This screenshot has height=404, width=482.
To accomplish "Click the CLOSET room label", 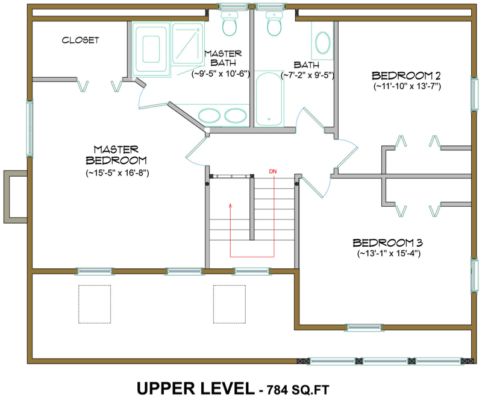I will point(80,40).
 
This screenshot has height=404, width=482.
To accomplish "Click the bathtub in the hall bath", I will point(266,99).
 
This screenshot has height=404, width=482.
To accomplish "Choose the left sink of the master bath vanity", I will point(209,115).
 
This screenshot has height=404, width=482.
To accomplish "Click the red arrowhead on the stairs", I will point(230,206).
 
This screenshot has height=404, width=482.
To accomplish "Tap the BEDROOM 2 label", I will point(407,75).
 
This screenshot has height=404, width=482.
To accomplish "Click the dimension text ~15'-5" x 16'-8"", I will point(117,173).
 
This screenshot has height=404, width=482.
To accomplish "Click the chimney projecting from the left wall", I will point(15,197).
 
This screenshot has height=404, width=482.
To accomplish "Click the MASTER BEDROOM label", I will point(117,154).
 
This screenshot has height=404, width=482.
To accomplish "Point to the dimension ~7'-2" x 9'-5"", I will point(307,75).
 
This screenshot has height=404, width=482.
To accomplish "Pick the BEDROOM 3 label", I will point(387,242).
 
